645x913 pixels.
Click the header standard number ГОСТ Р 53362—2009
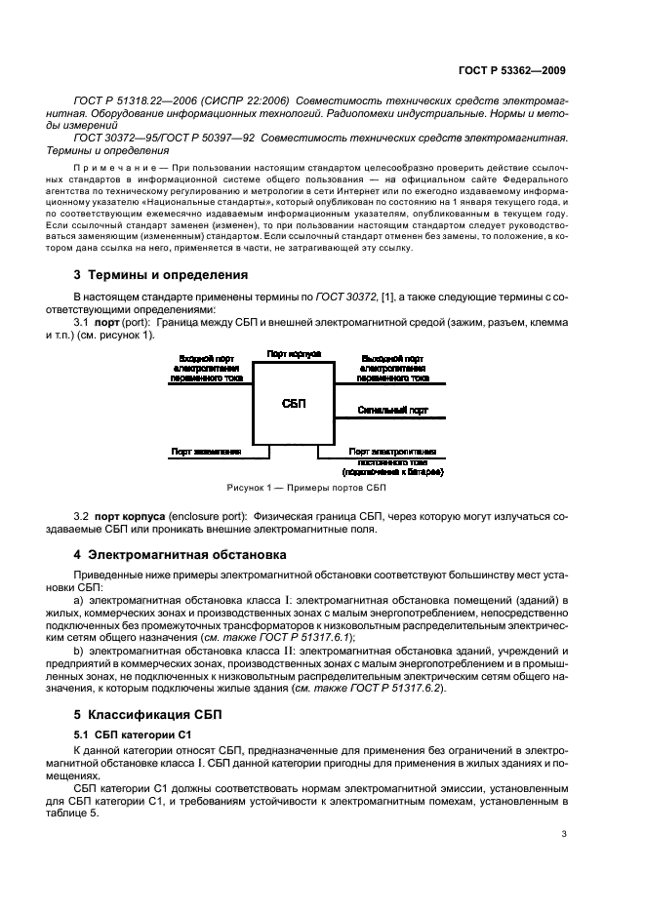[x=517, y=70]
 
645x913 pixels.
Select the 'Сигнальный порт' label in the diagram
[x=391, y=412]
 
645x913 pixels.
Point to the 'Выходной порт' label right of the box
[x=391, y=358]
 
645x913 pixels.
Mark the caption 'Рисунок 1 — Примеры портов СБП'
[x=306, y=487]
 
